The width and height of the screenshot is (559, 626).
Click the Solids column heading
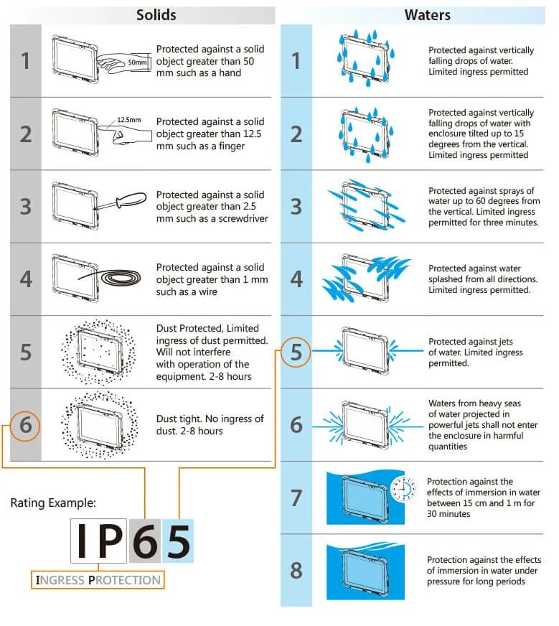click(x=156, y=15)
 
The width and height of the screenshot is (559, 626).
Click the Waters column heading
click(x=428, y=15)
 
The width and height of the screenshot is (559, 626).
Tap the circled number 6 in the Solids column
click(x=25, y=425)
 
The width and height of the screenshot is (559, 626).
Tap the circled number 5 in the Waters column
click(x=296, y=352)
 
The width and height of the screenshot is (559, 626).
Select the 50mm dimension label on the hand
click(x=137, y=62)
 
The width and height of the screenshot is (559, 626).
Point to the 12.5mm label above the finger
click(x=129, y=120)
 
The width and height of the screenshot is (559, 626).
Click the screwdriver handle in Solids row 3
click(x=131, y=199)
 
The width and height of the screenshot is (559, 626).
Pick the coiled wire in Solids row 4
click(x=121, y=278)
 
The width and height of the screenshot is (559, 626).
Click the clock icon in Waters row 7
click(x=403, y=488)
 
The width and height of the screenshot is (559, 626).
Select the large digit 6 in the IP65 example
click(x=145, y=541)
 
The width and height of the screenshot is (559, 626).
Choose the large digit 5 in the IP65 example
click(x=179, y=541)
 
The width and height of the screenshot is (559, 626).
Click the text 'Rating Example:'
click(x=53, y=503)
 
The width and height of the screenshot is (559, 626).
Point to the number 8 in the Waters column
click(x=296, y=570)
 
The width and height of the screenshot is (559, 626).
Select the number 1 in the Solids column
click(x=26, y=61)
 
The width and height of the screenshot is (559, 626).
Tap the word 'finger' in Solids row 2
click(x=231, y=146)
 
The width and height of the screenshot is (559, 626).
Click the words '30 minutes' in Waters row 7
click(x=448, y=514)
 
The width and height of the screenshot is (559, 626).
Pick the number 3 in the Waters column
click(x=296, y=207)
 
